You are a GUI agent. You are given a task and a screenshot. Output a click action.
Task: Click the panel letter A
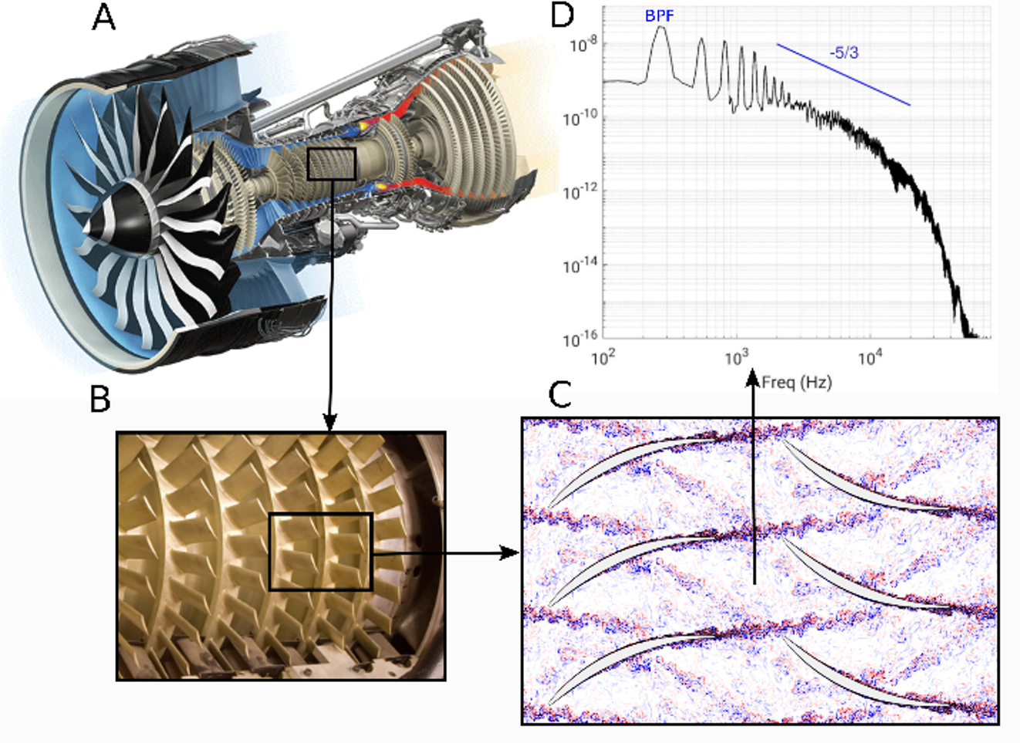[103, 19]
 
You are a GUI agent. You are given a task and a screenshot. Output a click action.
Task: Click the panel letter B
[100, 399]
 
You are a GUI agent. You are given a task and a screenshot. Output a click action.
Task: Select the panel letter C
[559, 394]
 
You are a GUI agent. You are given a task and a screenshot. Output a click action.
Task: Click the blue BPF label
[660, 16]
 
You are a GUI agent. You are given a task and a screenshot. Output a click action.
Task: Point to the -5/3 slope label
[844, 52]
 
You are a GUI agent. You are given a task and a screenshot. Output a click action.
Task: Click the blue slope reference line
[844, 75]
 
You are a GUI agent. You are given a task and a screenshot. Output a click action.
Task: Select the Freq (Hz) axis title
[796, 382]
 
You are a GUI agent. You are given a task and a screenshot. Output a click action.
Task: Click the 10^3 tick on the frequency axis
[735, 359]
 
